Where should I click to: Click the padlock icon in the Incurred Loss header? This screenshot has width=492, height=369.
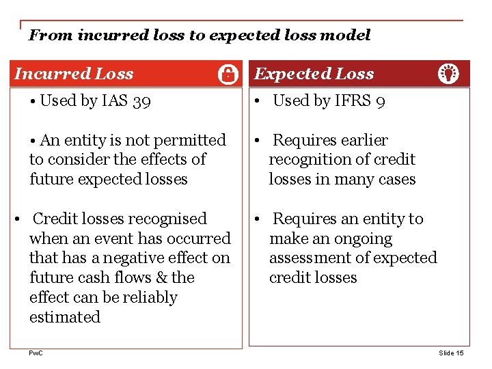click(228, 74)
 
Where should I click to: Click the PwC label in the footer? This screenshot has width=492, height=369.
click(35, 353)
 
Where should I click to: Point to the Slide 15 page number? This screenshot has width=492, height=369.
click(451, 353)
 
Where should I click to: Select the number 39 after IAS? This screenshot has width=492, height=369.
click(142, 102)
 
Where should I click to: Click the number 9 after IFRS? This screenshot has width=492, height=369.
click(381, 102)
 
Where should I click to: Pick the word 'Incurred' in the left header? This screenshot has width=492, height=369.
click(49, 74)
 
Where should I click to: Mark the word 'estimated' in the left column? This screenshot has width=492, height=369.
click(65, 317)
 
